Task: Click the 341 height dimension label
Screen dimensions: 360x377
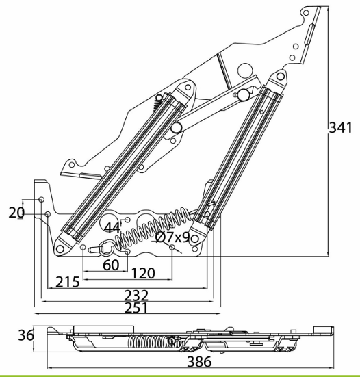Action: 340,128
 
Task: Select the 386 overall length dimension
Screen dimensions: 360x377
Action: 199,361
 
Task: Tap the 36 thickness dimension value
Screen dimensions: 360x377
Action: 26,335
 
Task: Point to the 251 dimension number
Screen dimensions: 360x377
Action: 136,308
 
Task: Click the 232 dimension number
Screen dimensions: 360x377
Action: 136,296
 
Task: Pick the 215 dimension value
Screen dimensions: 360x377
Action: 68,282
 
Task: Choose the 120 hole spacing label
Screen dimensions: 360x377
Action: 143,274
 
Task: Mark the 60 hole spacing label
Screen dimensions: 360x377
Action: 111,265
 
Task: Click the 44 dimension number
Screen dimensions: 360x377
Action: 112,227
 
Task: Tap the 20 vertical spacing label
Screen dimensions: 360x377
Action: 16,213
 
